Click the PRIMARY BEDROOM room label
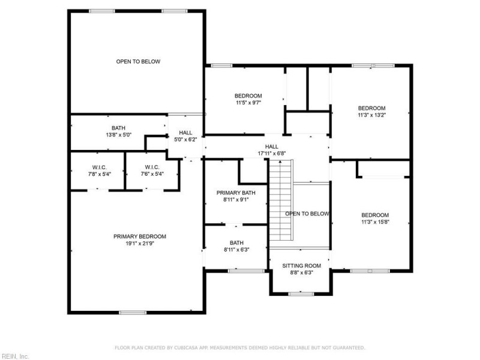pos(140,236)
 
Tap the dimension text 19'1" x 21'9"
pos(140,243)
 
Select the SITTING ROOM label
pos(302,266)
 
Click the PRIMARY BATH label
pos(236,193)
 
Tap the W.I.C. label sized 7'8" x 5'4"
pos(99,167)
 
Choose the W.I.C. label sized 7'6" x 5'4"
pos(152,167)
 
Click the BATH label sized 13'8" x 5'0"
pos(118,128)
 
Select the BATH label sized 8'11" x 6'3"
pos(236,243)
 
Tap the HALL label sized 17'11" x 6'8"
pos(272,146)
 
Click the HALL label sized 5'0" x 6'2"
pos(185,133)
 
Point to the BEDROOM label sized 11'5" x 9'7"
pos(248,96)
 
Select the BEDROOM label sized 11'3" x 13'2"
pos(371,108)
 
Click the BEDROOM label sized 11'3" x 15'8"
pos(375,215)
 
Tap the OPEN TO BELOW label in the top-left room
pos(138,61)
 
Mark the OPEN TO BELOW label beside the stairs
pos(307,214)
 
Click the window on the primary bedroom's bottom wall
pos(133,312)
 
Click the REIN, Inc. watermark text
pos(15,356)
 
